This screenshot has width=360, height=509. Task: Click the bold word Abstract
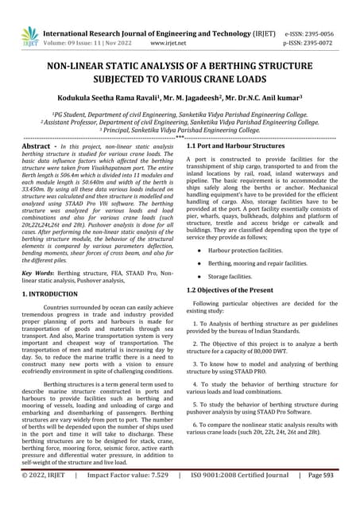[x=36, y=147]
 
